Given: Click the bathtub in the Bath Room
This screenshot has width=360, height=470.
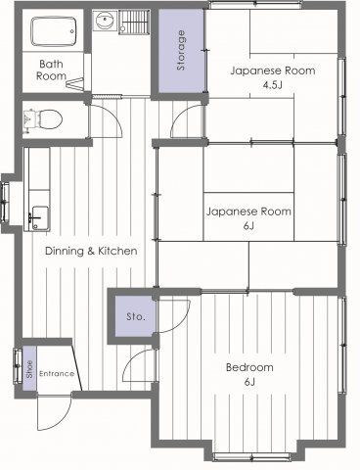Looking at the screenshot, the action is (54, 32).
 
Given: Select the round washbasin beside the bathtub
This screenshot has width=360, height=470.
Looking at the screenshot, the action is (105, 21).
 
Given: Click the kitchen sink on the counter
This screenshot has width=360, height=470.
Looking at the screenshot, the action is (40, 217).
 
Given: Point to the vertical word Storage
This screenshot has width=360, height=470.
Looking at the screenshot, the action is (181, 51).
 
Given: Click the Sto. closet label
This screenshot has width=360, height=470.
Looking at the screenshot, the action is (136, 316).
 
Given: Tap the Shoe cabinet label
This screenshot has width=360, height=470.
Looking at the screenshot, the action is (29, 369).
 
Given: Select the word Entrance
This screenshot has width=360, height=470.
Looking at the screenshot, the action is (57, 373).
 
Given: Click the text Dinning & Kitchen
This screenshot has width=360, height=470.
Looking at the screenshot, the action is (91, 251).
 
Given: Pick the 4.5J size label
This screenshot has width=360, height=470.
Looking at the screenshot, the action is (273, 85).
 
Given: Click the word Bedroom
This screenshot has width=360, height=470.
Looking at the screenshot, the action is (249, 367).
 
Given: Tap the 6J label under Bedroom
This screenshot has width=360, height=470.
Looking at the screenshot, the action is (249, 382).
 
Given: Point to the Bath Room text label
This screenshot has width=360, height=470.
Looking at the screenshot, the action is (51, 70).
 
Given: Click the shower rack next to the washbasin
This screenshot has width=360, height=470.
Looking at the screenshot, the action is (134, 22).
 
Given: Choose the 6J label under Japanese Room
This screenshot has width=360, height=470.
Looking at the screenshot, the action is (248, 226).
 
